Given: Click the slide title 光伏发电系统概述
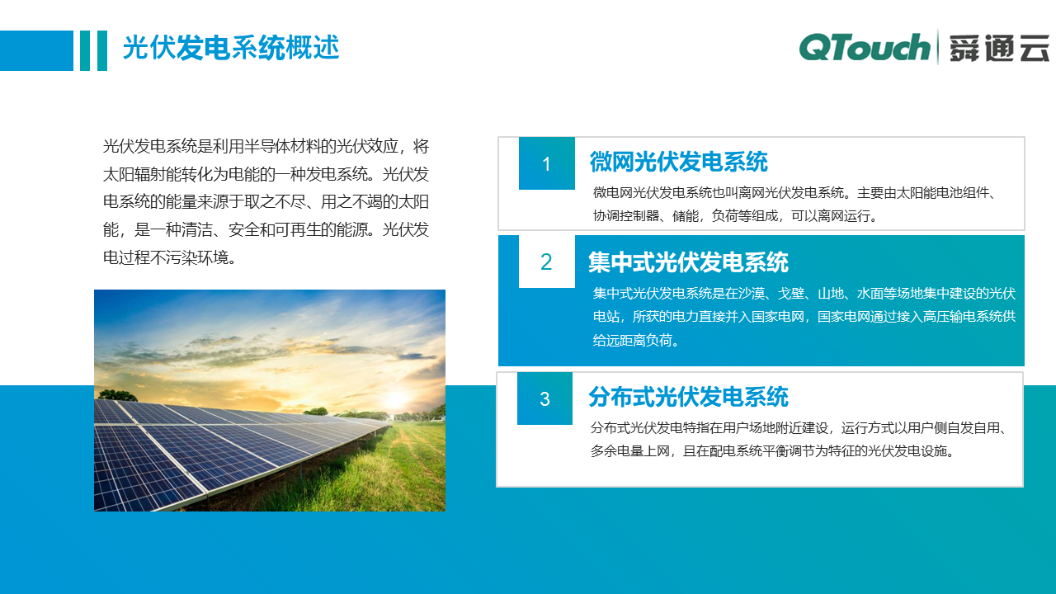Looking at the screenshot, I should tap(231, 49).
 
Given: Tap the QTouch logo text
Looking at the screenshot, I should tap(865, 48).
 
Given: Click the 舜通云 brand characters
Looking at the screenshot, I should tap(997, 49).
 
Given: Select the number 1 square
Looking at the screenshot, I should tap(546, 163).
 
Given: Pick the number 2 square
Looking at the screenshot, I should tap(546, 262).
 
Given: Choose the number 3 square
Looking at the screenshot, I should tap(544, 399).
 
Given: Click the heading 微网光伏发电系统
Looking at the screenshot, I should tap(678, 162).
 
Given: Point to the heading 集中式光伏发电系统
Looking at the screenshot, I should tap(688, 262).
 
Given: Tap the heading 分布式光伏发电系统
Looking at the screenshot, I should tap(688, 397).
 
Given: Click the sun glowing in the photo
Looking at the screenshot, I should tap(398, 399).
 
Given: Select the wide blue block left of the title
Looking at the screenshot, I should tap(36, 50).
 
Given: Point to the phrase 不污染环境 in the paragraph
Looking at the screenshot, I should tap(189, 257).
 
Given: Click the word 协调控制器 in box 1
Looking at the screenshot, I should tap(626, 216).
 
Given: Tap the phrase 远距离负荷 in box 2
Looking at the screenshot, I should tap(639, 340).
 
